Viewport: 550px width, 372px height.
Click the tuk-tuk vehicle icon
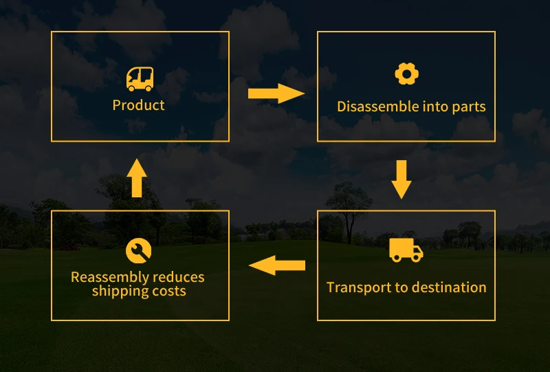[x=140, y=79]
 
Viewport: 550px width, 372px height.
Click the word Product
[x=139, y=105]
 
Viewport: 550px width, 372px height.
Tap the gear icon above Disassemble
[x=406, y=74]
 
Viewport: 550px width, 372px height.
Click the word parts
[x=468, y=107]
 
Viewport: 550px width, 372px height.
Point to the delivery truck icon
[x=406, y=250]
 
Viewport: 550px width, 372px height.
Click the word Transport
[x=355, y=287]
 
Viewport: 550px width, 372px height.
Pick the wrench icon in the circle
[x=138, y=251]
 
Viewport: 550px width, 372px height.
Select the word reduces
[x=179, y=277]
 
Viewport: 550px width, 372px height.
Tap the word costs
[x=170, y=291]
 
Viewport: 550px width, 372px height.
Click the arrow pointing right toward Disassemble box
[x=276, y=94]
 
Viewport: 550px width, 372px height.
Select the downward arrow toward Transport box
[x=401, y=178]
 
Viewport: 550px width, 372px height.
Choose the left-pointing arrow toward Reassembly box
[x=276, y=265]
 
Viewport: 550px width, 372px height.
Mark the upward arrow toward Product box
[x=137, y=178]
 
